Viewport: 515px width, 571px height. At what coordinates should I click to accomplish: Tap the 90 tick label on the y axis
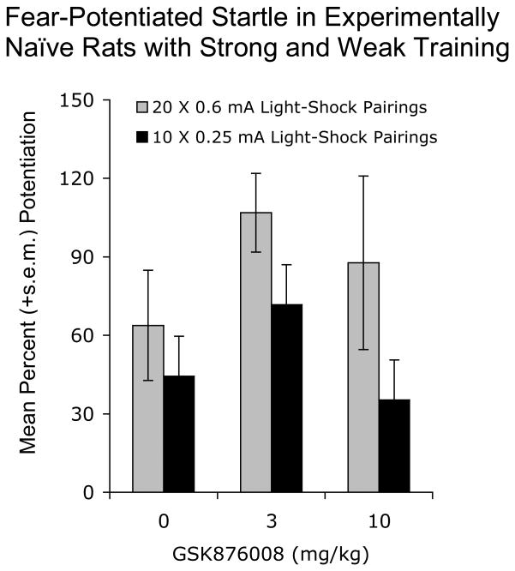[x=82, y=257]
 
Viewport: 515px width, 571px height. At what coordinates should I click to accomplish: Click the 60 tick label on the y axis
[x=82, y=336]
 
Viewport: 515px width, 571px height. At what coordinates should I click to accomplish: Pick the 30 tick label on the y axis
[x=82, y=414]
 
